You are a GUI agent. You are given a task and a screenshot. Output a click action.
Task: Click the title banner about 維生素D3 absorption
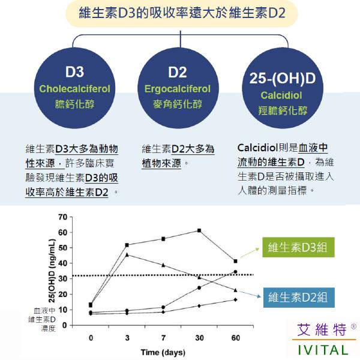pos(180,13)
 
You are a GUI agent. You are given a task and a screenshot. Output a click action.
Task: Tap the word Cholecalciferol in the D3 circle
pos(75,89)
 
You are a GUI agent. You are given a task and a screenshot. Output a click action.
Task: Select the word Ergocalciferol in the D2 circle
pos(178,89)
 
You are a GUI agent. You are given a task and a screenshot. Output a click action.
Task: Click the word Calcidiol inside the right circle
pos(281,95)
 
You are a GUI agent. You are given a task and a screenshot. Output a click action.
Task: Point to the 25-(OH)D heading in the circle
pos(281,79)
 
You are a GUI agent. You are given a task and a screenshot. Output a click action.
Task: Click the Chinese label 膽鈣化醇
pos(75,103)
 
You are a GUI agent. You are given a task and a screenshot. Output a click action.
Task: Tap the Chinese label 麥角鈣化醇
pos(178,103)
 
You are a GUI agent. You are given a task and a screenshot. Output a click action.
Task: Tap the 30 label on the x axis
pos(199,338)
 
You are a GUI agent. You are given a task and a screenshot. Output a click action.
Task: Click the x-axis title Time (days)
pos(163,352)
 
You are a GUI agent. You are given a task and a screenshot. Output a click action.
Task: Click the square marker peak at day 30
pos(199,230)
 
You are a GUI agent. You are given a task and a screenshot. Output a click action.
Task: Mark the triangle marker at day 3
pos(127,254)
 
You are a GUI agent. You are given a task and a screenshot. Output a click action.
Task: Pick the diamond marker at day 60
pos(235,299)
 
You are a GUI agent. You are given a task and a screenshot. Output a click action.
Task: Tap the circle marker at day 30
pos(199,287)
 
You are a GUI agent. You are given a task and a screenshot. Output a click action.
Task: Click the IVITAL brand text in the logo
pos(323,349)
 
